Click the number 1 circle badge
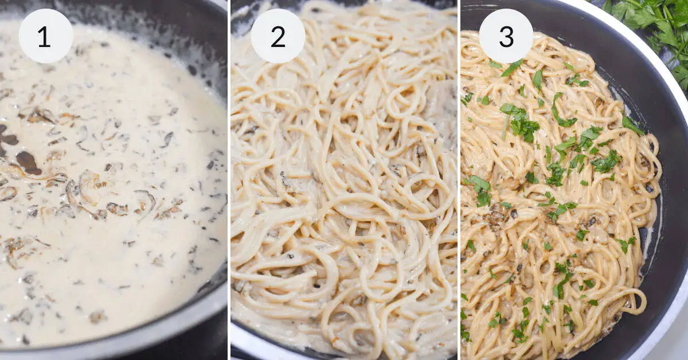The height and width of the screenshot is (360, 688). pos(45,36)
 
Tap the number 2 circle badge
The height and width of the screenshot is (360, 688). pos(277,36)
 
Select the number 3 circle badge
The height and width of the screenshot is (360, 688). pos(506,36)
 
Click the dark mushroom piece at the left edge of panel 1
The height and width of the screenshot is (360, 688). pos(7,138)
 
